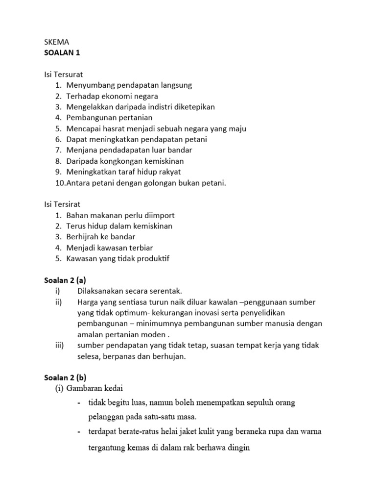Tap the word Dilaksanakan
(x=102, y=291)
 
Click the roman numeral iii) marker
(x=59, y=345)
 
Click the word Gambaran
(x=87, y=389)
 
